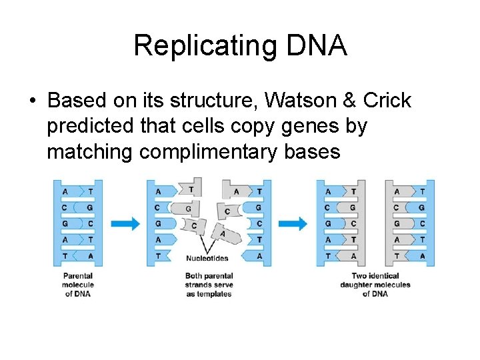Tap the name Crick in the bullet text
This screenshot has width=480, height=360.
pos(387,101)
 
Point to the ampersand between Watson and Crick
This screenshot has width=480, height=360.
pos(351,101)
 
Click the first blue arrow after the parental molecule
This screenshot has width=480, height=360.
pos(125,224)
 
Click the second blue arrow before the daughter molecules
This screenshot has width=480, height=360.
pos(293,224)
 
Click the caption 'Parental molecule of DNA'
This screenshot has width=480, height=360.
pos(78,285)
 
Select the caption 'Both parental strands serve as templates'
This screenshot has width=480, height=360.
pos(209,285)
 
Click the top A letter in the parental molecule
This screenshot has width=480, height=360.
pos(65,191)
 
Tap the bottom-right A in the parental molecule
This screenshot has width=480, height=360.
pos(89,256)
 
